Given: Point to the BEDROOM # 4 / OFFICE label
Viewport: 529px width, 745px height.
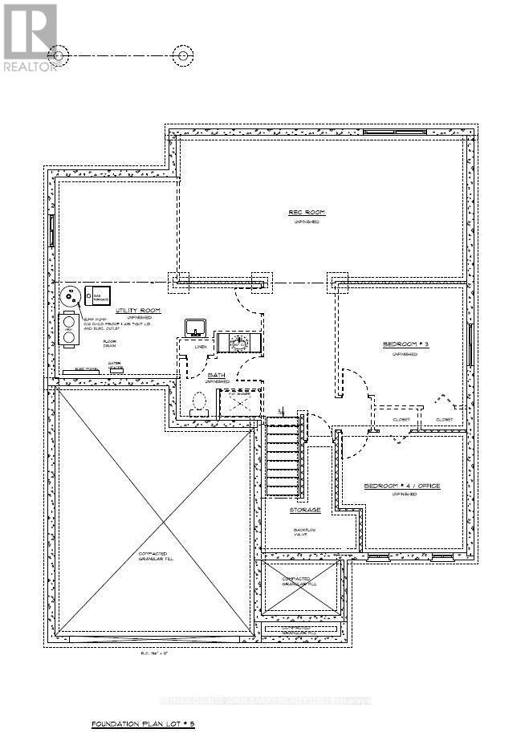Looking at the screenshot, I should tap(402, 486).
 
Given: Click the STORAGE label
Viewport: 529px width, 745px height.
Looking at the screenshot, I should tap(305, 510).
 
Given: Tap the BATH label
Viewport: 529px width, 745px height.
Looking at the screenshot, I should tap(217, 375).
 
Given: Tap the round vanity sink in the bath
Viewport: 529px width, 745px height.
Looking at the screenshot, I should tap(238, 344).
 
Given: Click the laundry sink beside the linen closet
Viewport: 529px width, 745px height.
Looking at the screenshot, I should tap(195, 327).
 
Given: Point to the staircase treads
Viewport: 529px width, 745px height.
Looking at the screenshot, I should tap(283, 458).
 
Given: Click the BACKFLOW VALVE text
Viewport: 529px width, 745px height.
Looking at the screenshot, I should tap(305, 534).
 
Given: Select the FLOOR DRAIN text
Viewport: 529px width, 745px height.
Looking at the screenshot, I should tap(110, 345).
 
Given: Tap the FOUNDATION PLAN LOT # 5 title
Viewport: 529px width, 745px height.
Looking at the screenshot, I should tap(143, 724).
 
